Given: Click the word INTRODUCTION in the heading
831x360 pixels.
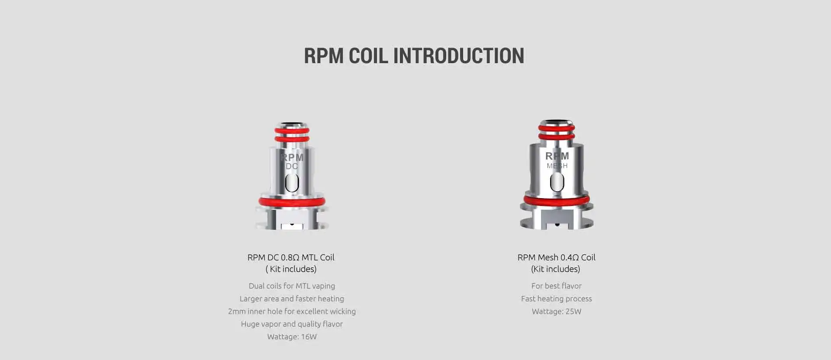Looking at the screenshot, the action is pos(458,56).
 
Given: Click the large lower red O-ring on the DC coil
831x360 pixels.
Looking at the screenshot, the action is pos(292,202).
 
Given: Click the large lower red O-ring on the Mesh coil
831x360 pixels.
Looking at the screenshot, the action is pos(557,199).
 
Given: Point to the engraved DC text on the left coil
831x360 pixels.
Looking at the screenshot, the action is pos(292,166).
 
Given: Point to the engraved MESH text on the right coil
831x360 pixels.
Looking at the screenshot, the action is pos(557,166).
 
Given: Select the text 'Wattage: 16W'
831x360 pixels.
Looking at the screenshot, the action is pos(292,337).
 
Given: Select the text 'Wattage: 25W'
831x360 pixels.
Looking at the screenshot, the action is pos(557,311).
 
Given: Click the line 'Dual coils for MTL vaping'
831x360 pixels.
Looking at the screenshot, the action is pos(292,286).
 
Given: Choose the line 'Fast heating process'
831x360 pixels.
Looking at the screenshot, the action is pos(557,299).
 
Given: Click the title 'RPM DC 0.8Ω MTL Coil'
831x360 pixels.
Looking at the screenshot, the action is pos(291,257).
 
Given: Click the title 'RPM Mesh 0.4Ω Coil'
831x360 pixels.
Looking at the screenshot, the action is pos(557,257).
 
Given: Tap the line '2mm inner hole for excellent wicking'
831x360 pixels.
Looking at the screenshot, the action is pos(292,311).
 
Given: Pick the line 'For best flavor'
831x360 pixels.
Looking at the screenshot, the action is pos(557,286).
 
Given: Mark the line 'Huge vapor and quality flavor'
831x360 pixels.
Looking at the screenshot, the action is pos(292,324).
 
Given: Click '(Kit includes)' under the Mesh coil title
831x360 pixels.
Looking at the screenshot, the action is pos(556,269).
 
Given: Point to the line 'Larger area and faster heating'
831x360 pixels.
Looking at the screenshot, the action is pos(292,299).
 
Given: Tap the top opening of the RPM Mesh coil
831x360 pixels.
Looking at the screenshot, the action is pos(557,122).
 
